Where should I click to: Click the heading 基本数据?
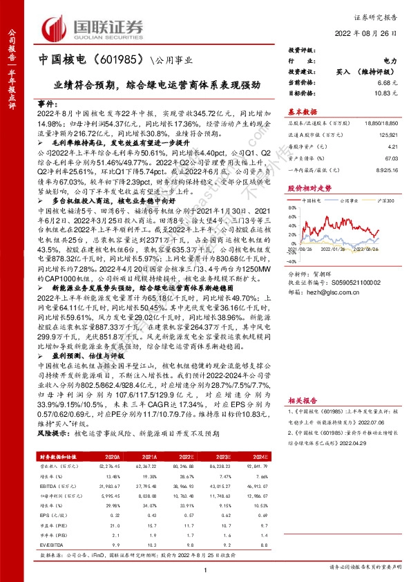pyautogui.click(x=302, y=111)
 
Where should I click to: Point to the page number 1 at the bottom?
pyautogui.click(x=205, y=568)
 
